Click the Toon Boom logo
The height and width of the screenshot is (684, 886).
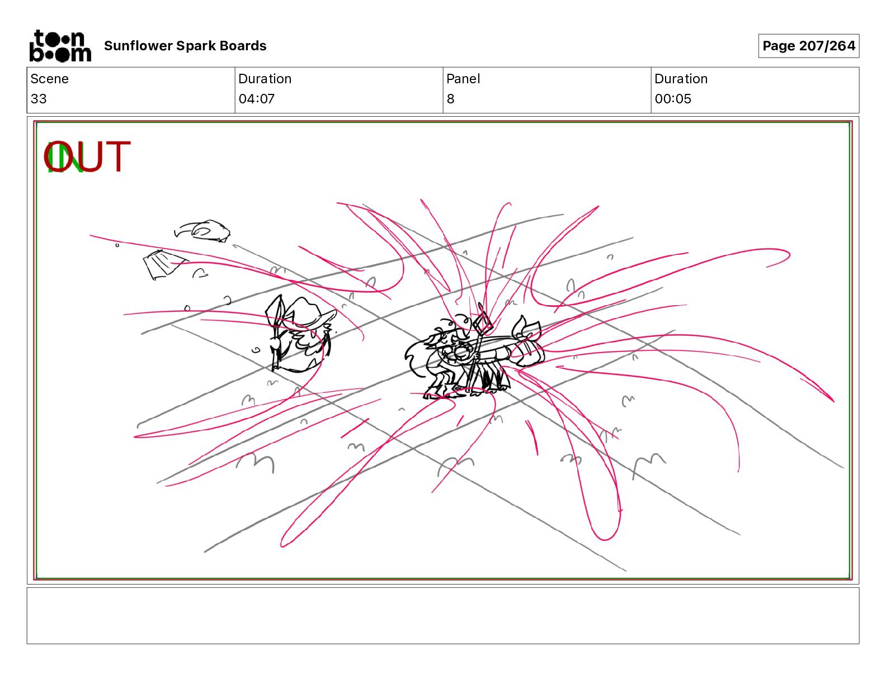(x=60, y=46)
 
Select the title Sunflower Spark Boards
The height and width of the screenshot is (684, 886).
(x=185, y=46)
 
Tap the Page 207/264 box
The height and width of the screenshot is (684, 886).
(x=809, y=46)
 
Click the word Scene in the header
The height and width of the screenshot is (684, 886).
(x=49, y=79)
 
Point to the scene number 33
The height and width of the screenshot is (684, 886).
(x=39, y=98)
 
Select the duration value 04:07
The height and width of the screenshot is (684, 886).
(x=257, y=98)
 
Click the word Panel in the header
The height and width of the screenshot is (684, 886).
(x=463, y=79)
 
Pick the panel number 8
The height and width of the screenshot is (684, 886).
(x=450, y=98)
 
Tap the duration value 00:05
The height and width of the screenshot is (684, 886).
(x=673, y=98)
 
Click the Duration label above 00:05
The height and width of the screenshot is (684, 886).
(x=681, y=79)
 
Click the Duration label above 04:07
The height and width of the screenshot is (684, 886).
(x=265, y=79)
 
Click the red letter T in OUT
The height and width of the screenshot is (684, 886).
(x=117, y=156)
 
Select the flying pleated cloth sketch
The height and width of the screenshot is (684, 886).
(x=164, y=265)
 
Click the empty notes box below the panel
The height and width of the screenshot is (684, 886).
(x=443, y=616)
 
